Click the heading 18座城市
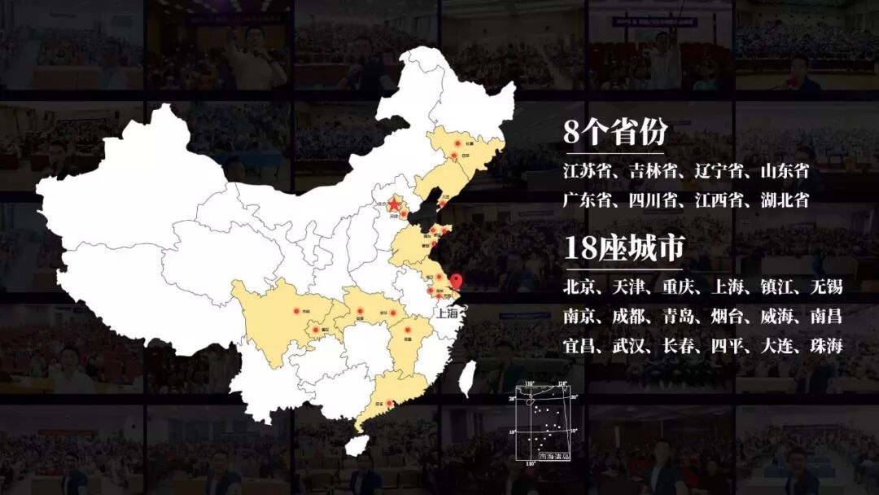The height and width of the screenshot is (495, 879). (x=623, y=248)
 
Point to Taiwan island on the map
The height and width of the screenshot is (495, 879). (x=468, y=379)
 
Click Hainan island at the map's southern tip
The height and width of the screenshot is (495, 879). (x=356, y=445)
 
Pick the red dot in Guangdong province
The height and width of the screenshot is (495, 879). (x=389, y=404)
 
